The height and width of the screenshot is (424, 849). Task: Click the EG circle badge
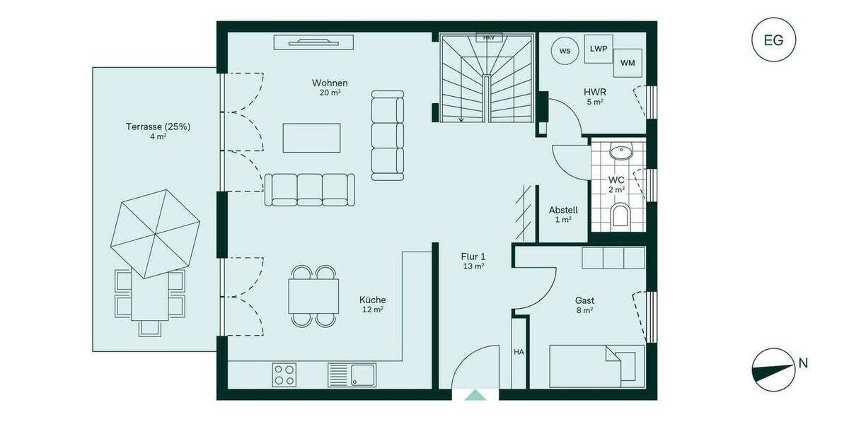tap(773, 40)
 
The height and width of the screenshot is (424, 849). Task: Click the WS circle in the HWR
tap(565, 51)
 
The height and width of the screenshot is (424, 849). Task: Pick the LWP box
tap(598, 48)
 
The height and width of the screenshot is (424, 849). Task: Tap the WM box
tap(628, 63)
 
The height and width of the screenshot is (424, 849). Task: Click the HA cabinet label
tap(519, 351)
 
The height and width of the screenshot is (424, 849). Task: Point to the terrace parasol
tap(155, 234)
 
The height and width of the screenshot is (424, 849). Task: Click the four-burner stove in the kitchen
tap(285, 374)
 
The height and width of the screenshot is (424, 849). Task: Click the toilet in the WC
tap(620, 216)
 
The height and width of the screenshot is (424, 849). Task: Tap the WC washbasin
tap(620, 151)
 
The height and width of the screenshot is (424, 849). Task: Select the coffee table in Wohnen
tap(311, 138)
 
